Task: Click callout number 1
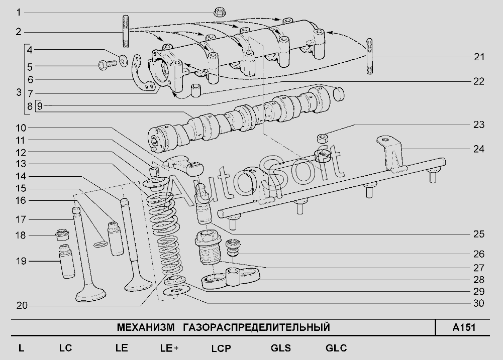tap(19, 12)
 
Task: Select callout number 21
tap(479, 57)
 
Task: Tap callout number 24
tap(479, 149)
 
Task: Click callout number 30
tap(479, 303)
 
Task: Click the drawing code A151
tap(463, 328)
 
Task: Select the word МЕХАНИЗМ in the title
tap(144, 328)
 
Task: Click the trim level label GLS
tap(280, 348)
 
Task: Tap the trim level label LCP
tap(221, 348)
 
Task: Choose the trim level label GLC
tap(336, 348)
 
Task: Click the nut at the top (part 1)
tap(219, 11)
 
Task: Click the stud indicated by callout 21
tap(370, 56)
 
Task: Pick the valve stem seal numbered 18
tap(63, 234)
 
